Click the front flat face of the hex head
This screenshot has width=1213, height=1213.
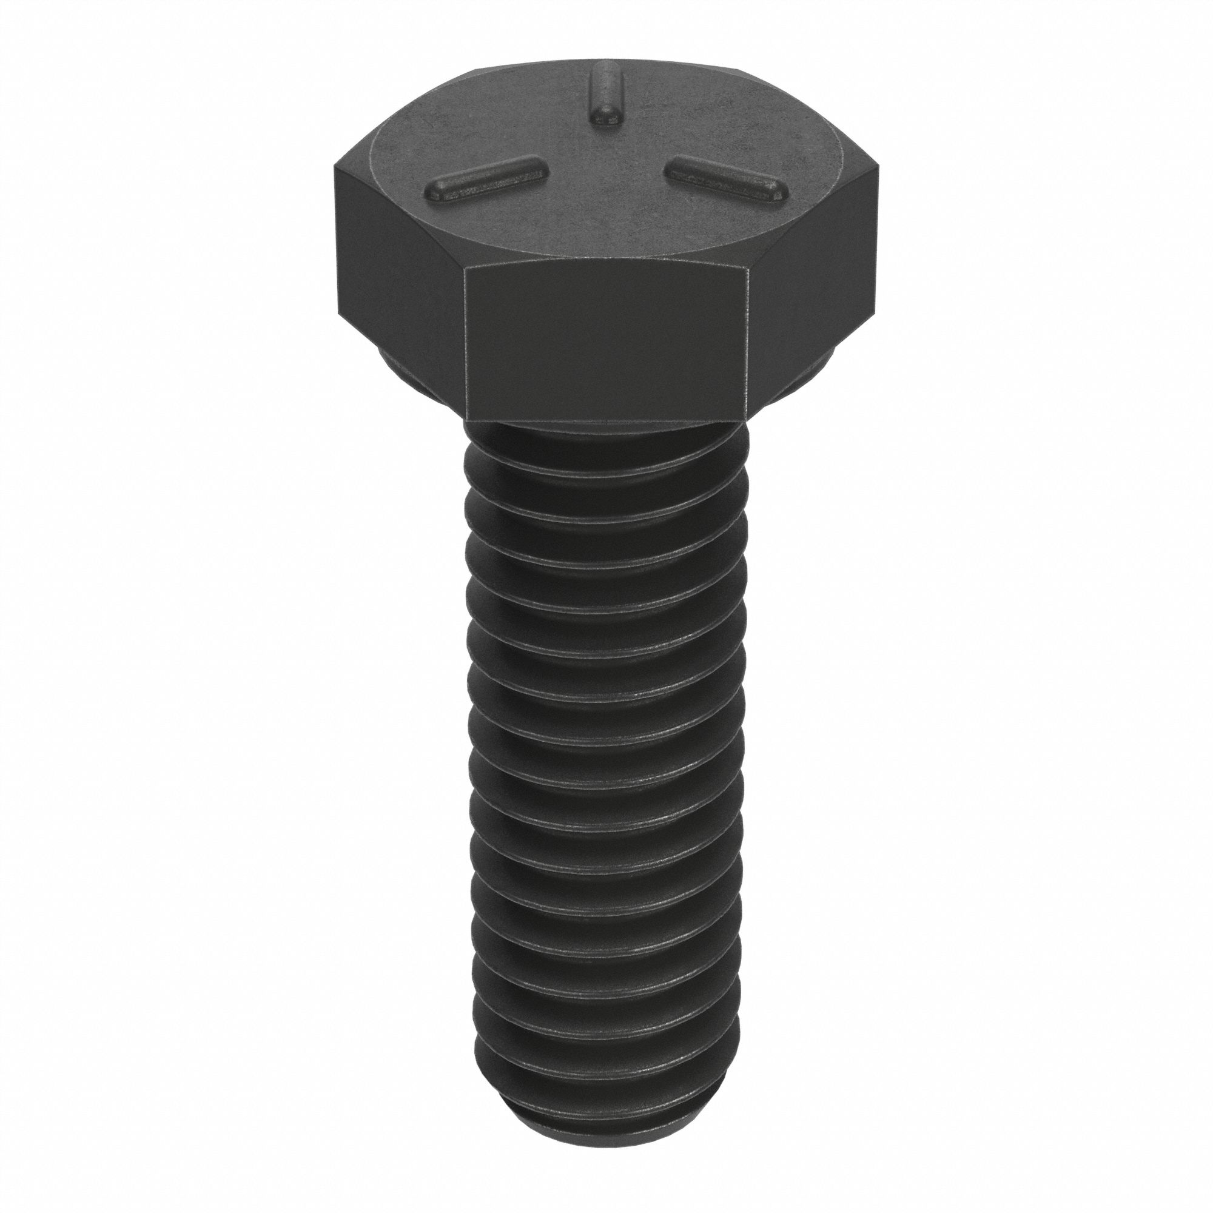click(605, 349)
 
